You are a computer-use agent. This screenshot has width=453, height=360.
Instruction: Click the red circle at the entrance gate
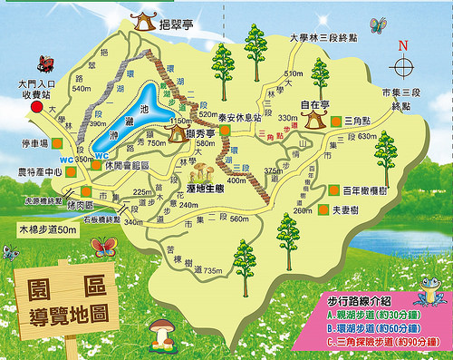[36, 107]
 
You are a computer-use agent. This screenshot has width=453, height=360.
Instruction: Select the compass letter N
[404, 44]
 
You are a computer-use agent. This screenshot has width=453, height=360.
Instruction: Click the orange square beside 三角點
[334, 120]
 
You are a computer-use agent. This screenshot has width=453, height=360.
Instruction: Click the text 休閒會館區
[126, 165]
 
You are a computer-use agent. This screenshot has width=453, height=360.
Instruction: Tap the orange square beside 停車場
[56, 143]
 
